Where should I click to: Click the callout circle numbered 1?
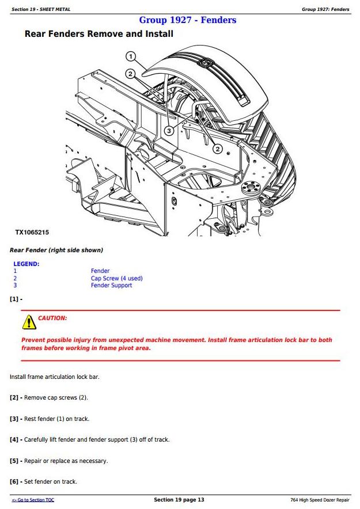click(131, 56)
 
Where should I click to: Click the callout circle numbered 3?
click(169, 131)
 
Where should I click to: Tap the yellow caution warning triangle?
click(29, 322)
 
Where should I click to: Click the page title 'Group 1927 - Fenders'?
click(188, 20)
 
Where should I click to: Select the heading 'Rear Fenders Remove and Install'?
click(98, 34)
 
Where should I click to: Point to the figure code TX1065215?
click(32, 233)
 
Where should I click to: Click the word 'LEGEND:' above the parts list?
click(26, 264)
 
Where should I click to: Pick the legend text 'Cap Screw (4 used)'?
click(116, 278)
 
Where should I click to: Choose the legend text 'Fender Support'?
click(111, 285)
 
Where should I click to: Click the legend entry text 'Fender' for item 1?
click(100, 271)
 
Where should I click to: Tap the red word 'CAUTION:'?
click(52, 318)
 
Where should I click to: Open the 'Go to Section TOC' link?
click(33, 500)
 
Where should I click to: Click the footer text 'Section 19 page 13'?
click(179, 500)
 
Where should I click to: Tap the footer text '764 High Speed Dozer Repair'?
click(320, 500)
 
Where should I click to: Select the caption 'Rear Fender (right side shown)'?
click(56, 250)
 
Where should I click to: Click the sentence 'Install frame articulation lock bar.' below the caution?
click(54, 377)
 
